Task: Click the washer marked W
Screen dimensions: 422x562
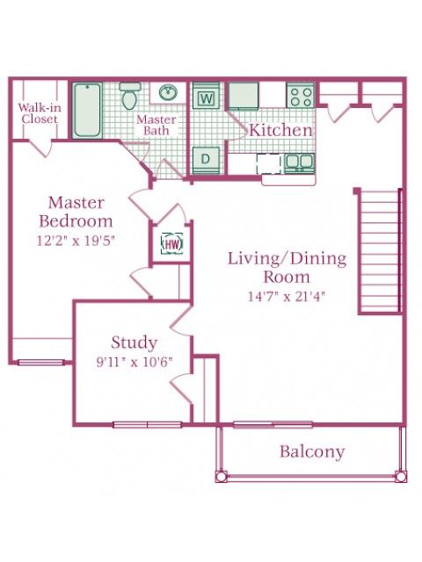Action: click(206, 96)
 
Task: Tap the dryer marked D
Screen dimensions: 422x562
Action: click(206, 160)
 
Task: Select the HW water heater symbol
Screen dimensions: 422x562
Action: click(172, 244)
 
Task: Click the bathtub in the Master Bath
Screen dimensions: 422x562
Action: click(87, 110)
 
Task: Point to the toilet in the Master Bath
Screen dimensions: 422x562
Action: click(129, 96)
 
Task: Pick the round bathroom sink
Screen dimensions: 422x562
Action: click(168, 92)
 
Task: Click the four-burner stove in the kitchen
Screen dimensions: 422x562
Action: click(301, 96)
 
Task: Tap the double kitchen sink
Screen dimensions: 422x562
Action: click(300, 163)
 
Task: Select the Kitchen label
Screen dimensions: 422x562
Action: click(280, 130)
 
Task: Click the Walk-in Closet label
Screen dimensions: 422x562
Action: click(40, 113)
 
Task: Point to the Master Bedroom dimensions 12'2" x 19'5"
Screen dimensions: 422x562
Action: click(76, 241)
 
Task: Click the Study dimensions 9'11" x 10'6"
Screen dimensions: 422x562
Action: click(135, 362)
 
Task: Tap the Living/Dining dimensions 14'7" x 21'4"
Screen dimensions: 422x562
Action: click(287, 297)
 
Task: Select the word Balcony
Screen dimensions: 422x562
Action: click(312, 451)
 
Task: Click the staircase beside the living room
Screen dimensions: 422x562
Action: click(379, 252)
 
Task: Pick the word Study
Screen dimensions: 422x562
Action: click(135, 342)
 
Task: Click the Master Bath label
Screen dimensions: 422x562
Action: click(156, 125)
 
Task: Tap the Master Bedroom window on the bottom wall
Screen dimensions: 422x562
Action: click(41, 363)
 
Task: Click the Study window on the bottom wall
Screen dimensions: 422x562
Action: click(148, 425)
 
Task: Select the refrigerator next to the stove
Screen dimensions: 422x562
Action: click(244, 96)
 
